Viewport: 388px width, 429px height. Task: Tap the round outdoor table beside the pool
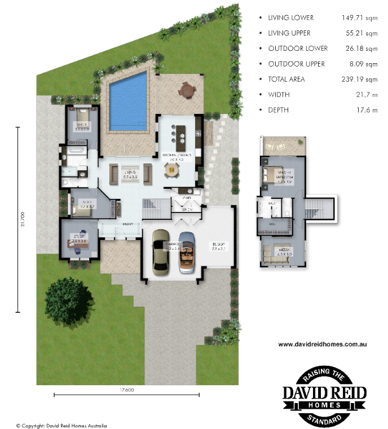(186, 89)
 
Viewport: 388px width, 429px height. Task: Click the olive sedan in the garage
(160, 253)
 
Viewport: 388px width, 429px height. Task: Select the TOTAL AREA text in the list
(286, 79)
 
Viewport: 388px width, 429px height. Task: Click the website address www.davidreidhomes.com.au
(324, 343)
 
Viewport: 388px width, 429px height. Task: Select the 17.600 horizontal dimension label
(126, 390)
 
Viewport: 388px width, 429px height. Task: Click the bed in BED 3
(80, 119)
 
